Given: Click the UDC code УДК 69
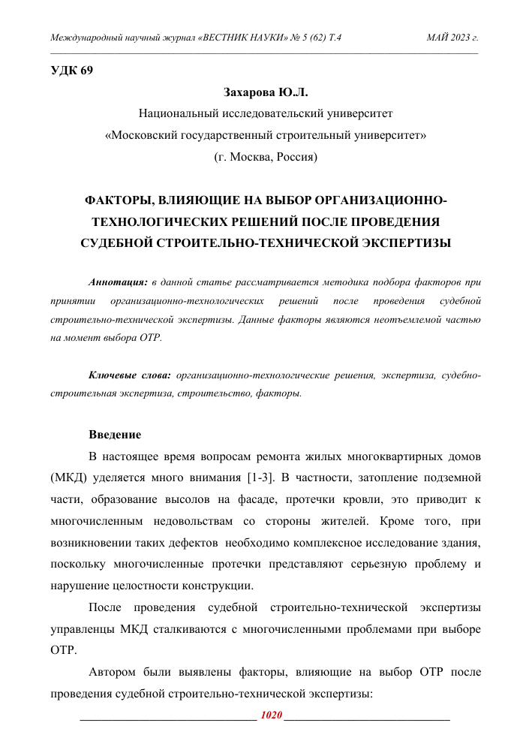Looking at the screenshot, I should (71, 72).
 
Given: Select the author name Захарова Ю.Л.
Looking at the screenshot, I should (266, 93).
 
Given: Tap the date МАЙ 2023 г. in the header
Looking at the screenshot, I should (452, 37).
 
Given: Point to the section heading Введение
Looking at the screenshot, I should (115, 435).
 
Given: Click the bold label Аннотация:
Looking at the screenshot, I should (118, 282).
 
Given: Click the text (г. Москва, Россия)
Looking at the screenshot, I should (266, 157).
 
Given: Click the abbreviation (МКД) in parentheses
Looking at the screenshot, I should (67, 477).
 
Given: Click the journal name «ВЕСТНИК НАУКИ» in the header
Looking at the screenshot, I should (239, 37).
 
